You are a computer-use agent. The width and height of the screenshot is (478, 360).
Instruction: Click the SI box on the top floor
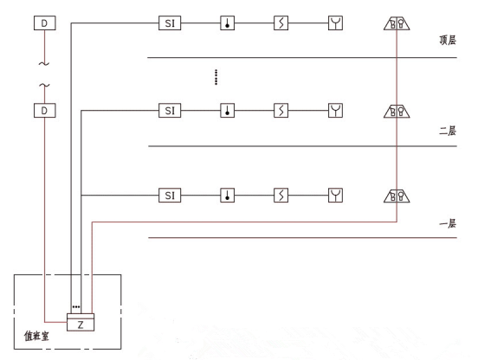[x=170, y=23]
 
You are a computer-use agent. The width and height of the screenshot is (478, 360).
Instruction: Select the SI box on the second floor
[x=170, y=110]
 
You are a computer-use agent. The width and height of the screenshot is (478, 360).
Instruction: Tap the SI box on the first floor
[x=170, y=196]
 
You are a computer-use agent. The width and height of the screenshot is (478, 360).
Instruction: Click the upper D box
[x=44, y=23]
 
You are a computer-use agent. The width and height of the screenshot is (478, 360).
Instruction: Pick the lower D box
[x=44, y=110]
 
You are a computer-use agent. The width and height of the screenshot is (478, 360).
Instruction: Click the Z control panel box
[x=81, y=322]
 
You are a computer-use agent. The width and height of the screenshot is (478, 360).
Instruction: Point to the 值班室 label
[x=36, y=336]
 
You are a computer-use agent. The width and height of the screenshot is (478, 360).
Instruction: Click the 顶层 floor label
[x=448, y=40]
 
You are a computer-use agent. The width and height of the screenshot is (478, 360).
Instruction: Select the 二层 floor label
[x=448, y=131]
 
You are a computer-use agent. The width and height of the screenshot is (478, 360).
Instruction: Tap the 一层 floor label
[x=448, y=224]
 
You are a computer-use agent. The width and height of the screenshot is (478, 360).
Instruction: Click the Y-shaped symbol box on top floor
[x=335, y=23]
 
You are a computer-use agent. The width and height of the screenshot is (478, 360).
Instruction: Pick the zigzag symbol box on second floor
[x=281, y=110]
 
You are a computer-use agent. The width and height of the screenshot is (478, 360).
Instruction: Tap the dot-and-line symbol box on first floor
[x=228, y=196]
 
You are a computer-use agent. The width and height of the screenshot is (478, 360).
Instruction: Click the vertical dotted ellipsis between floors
[x=216, y=77]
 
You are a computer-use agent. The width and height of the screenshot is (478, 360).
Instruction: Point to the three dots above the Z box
[x=76, y=306]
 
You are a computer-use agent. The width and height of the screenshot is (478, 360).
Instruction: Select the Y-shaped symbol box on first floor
[x=335, y=196]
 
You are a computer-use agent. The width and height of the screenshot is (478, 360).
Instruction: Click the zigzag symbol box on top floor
[x=281, y=23]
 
